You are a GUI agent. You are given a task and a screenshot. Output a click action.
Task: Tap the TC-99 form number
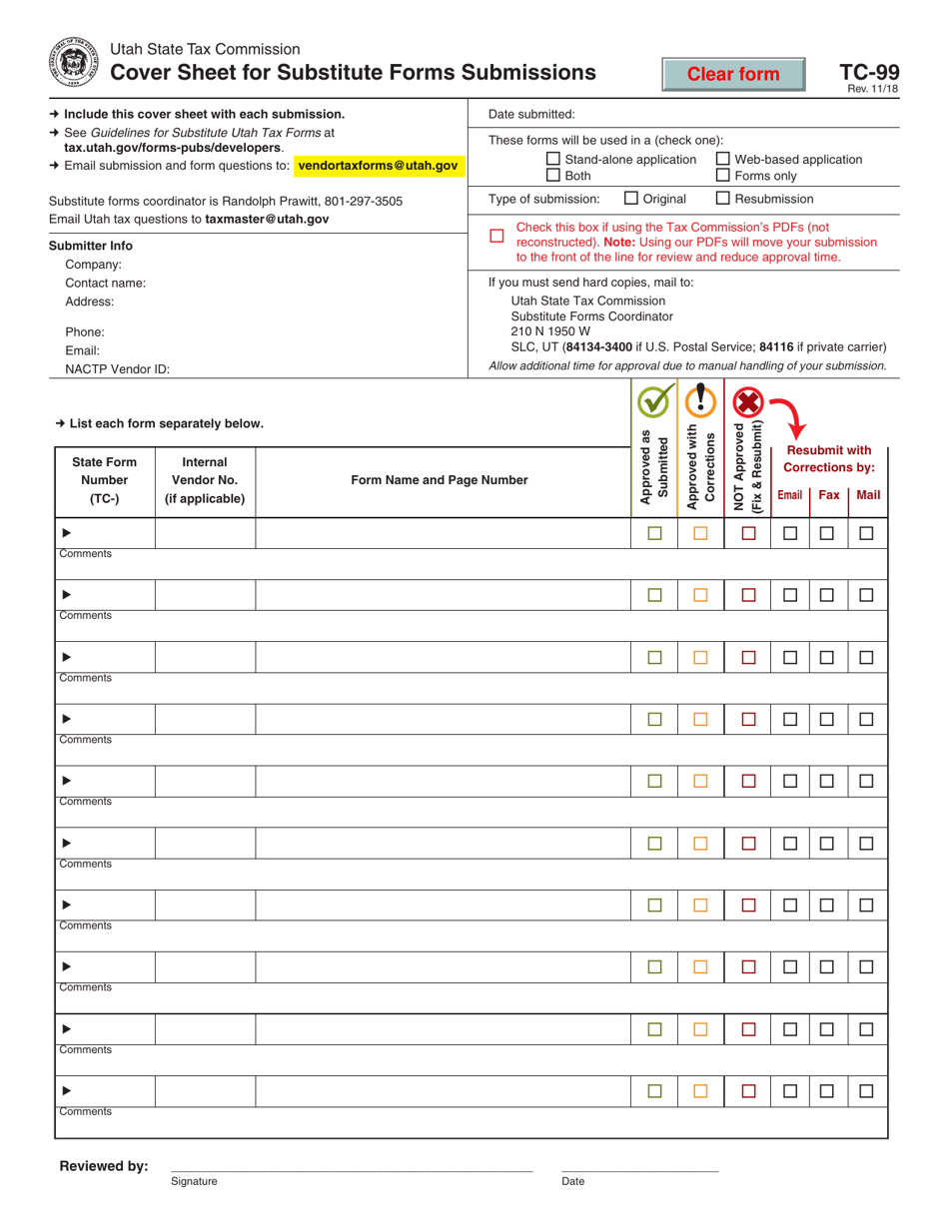click(868, 73)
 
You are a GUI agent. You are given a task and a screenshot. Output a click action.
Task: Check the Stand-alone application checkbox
click(554, 159)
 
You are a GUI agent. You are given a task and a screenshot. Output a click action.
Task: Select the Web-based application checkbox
click(723, 159)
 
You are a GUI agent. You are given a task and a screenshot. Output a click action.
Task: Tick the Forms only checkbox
click(723, 175)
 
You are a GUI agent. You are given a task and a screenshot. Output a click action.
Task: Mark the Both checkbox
click(554, 175)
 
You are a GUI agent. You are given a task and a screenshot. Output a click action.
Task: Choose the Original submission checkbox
click(631, 198)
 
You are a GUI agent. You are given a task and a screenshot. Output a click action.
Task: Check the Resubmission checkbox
click(724, 198)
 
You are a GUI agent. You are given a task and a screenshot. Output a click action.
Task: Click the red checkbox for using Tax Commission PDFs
click(496, 236)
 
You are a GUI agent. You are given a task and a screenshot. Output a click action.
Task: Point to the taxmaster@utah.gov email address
click(267, 219)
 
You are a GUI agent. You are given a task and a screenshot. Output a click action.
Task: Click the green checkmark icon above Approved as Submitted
click(654, 402)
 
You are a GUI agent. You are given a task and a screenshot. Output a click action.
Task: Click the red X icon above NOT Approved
click(748, 402)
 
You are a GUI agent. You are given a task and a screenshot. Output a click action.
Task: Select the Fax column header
click(829, 494)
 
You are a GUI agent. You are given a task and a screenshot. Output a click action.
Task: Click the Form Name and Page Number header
click(440, 480)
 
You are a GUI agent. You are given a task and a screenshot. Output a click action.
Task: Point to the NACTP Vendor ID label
click(117, 368)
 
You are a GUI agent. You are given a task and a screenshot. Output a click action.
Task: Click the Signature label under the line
click(194, 1181)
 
